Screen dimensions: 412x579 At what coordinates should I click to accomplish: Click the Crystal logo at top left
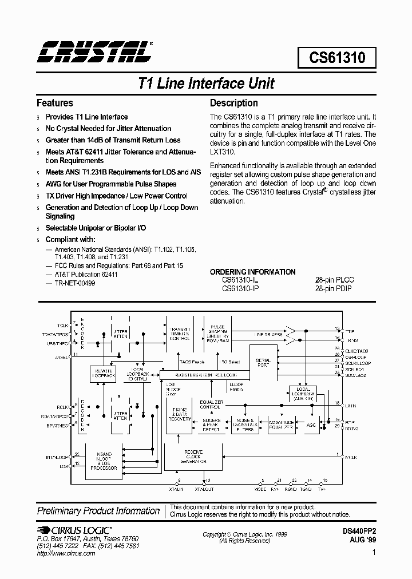click(x=94, y=51)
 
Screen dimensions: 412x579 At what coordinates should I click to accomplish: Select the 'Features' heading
click(x=55, y=103)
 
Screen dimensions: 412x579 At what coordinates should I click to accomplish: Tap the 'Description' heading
click(x=233, y=103)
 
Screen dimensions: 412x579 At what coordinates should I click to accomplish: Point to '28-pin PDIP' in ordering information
click(x=334, y=288)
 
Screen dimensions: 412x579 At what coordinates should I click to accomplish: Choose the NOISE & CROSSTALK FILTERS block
click(x=245, y=425)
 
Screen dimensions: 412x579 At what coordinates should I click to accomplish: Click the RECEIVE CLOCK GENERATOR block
click(x=193, y=455)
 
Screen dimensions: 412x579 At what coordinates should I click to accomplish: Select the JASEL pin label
click(x=62, y=356)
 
